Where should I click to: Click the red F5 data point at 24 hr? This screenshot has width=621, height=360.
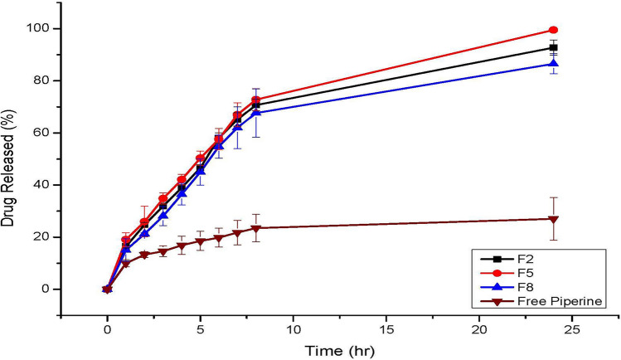point(553,30)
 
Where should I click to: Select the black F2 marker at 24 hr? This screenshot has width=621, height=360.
point(553,47)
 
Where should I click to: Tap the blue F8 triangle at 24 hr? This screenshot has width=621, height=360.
point(553,63)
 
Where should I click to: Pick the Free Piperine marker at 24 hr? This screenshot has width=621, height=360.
point(553,219)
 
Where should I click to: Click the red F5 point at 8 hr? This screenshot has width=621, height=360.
point(255,100)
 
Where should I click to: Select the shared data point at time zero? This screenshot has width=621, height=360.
point(107,289)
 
